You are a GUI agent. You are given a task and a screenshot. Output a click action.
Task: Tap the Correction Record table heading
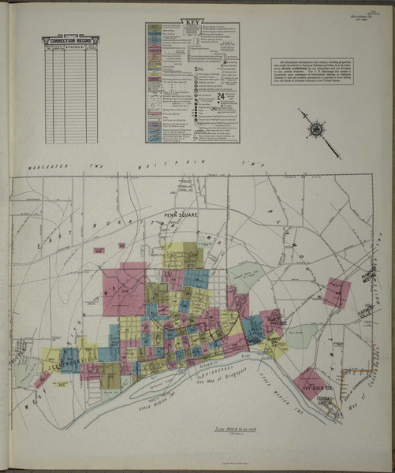71,39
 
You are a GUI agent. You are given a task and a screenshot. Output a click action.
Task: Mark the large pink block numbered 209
123,289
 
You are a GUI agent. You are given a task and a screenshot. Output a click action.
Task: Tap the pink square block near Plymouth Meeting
336,292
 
